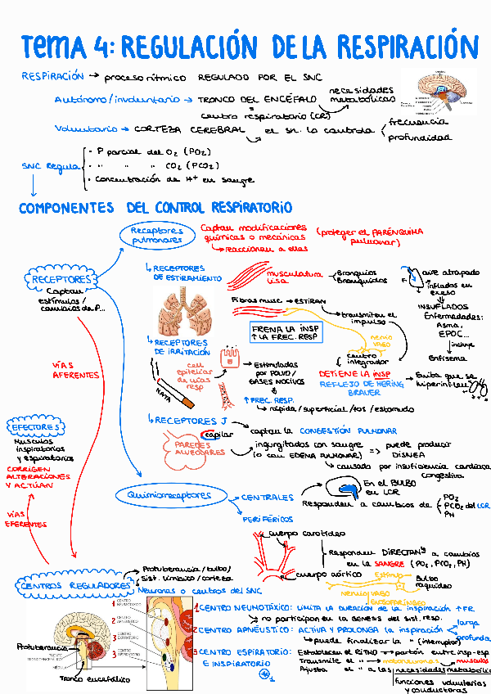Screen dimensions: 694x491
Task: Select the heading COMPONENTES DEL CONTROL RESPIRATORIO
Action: (155, 208)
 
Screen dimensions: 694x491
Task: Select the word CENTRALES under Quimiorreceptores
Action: (267, 497)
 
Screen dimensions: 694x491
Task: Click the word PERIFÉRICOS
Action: (268, 518)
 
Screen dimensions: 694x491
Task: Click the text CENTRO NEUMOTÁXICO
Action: (242, 608)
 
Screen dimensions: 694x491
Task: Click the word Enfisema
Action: (447, 357)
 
